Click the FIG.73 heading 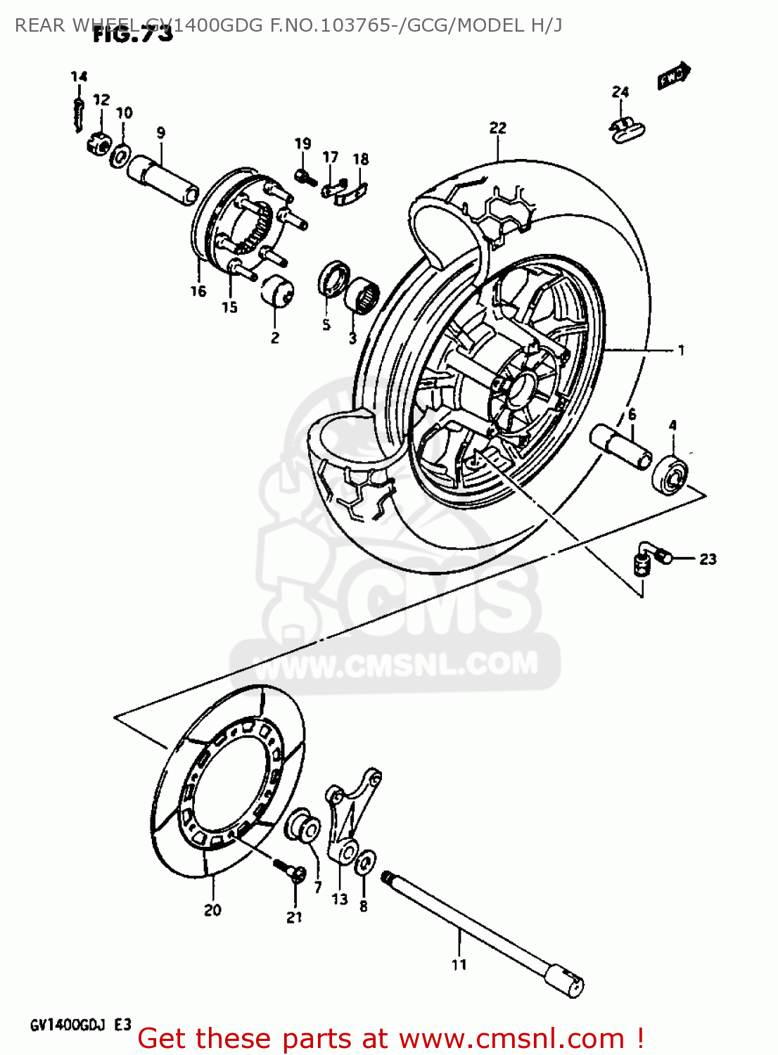click(x=133, y=34)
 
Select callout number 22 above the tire click(x=497, y=128)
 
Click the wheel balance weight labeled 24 click(x=627, y=129)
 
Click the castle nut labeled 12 click(x=98, y=143)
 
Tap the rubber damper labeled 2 click(x=277, y=291)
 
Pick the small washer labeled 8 click(x=364, y=862)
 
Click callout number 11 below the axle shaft click(x=459, y=964)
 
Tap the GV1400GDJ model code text click(x=68, y=1025)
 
